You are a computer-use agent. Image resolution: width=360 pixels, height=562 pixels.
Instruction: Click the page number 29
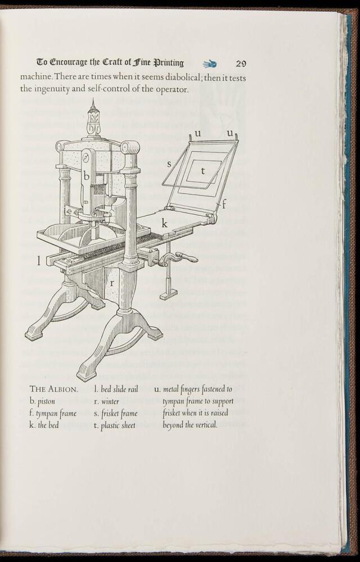pos(241,64)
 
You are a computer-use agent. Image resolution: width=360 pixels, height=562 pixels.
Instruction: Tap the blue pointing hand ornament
pos(210,64)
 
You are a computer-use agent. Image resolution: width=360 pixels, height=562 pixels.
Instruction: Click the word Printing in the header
pos(169,63)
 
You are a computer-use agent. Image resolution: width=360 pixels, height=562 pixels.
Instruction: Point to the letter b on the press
pos(87,175)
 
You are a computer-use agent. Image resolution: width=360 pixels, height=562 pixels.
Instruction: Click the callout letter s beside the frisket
pos(169,165)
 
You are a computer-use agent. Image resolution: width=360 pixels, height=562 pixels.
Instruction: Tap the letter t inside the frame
pos(202,171)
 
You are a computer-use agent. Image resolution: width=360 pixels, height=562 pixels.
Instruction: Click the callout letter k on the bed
pos(165,223)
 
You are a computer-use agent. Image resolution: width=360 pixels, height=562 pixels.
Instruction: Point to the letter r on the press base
pos(112,283)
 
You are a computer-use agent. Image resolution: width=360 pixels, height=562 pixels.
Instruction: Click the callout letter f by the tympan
pos(224,205)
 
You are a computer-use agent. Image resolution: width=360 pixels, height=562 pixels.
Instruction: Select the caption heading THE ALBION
pos(54,389)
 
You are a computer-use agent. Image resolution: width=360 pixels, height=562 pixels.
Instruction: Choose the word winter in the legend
pos(110,401)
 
